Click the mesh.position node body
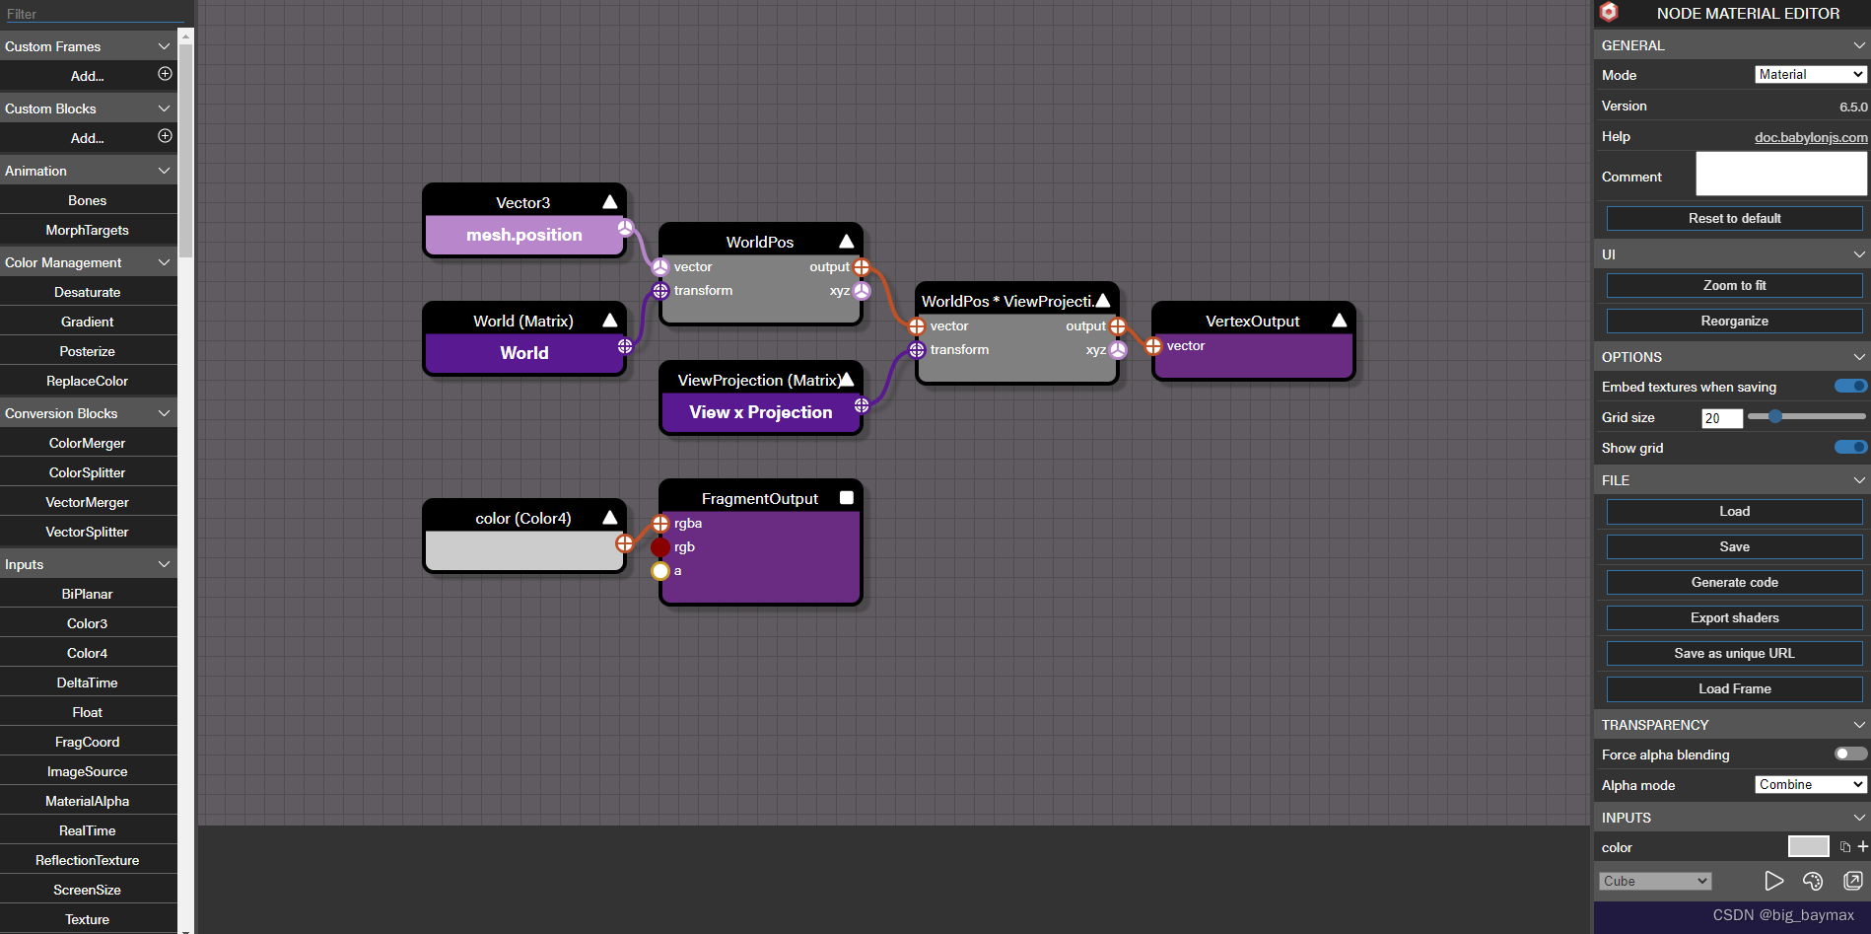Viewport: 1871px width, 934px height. click(x=523, y=236)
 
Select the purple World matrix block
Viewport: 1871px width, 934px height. click(x=523, y=353)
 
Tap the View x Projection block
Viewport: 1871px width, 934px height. click(x=760, y=412)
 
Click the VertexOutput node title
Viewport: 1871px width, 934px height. click(x=1252, y=321)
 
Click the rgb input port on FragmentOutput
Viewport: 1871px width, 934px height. click(x=660, y=547)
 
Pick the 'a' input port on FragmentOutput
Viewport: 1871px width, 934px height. click(x=660, y=571)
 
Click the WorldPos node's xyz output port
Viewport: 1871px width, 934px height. click(x=862, y=291)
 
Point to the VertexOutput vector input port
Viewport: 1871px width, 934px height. click(x=1153, y=346)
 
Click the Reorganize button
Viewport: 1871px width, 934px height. click(x=1734, y=321)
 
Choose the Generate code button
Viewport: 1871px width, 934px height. click(x=1734, y=582)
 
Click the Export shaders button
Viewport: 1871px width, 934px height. click(x=1734, y=617)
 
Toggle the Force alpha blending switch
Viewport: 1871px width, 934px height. click(x=1850, y=754)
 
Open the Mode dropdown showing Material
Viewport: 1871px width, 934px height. click(x=1811, y=75)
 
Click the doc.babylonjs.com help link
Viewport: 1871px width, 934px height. click(x=1811, y=137)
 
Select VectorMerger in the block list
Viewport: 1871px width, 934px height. click(x=87, y=502)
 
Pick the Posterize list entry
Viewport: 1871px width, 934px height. click(x=87, y=351)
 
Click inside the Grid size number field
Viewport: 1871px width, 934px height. click(x=1721, y=418)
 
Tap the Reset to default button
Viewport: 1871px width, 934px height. click(x=1734, y=218)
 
